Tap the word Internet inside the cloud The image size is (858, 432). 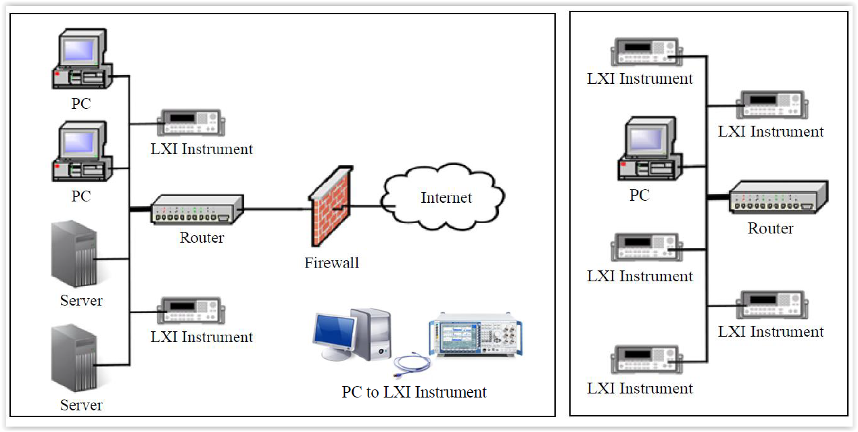446,197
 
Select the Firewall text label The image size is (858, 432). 331,262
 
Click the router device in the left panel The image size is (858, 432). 196,210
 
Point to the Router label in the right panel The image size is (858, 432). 770,229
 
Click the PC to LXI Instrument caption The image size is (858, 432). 414,392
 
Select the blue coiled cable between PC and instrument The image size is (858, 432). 412,364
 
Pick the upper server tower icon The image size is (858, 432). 74,258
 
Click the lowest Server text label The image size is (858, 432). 81,405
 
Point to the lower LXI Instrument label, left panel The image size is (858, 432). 201,337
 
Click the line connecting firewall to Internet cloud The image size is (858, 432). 366,206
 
